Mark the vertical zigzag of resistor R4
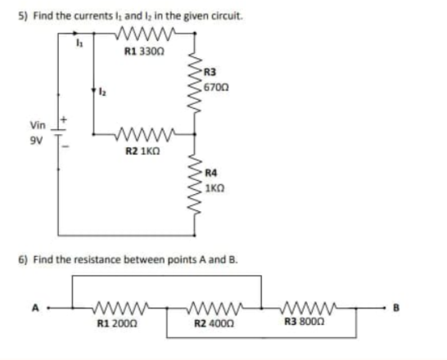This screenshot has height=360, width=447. click(195, 185)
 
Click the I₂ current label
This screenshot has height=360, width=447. click(103, 91)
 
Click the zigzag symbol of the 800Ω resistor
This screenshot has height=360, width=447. click(308, 309)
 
